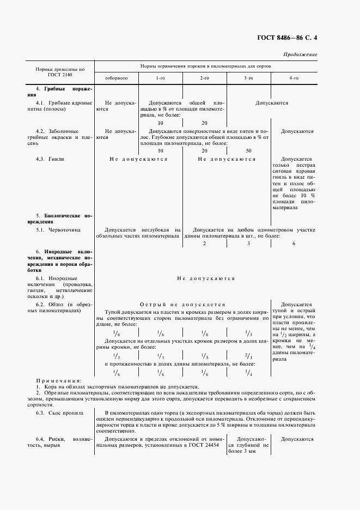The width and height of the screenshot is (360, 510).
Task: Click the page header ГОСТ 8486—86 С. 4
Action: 287,38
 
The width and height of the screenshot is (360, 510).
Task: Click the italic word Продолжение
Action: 300,55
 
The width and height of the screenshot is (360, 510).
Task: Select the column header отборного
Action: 116,78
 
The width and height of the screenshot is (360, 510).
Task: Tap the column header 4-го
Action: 294,78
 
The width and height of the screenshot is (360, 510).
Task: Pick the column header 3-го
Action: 248,78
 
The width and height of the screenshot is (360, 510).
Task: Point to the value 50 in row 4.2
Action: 248,150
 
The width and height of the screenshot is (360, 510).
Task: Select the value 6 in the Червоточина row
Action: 294,244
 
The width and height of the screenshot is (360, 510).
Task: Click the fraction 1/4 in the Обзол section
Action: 248,373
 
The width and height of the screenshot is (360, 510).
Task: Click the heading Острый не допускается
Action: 182,305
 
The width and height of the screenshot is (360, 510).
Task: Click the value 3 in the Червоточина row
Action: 248,244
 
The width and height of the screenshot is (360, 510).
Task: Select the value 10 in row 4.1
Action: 161,123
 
